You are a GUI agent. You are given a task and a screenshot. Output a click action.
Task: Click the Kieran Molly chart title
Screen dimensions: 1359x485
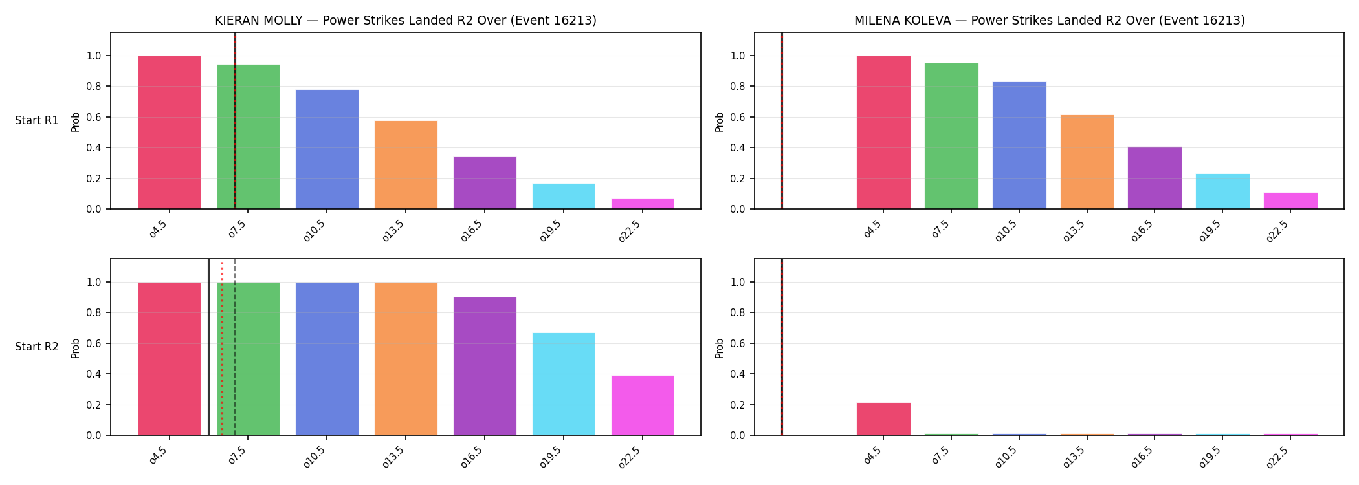406,20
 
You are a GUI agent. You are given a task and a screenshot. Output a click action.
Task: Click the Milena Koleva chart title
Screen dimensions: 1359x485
1050,20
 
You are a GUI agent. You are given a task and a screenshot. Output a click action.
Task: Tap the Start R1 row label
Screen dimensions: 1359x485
37,120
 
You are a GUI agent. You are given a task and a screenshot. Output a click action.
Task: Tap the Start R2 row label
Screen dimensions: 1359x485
37,347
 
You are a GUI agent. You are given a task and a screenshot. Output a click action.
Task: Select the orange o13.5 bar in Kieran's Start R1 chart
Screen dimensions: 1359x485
406,165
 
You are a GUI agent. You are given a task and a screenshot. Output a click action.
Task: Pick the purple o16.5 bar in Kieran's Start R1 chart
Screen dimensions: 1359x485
485,183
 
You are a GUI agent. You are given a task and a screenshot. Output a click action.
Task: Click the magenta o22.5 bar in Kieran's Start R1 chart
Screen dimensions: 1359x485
643,204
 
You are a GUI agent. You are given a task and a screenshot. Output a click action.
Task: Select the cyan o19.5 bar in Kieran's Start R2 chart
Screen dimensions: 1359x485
564,384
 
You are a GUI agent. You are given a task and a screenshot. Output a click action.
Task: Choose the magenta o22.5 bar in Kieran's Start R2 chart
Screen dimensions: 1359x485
643,405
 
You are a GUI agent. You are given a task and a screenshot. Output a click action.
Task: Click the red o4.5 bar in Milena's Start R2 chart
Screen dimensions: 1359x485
883,419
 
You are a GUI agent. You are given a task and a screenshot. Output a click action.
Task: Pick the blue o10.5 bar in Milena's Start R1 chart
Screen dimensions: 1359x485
1019,145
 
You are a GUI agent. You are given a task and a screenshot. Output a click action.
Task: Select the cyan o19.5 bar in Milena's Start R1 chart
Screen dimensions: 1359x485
1222,191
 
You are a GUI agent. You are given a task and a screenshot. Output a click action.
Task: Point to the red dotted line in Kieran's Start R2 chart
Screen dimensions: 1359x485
222,347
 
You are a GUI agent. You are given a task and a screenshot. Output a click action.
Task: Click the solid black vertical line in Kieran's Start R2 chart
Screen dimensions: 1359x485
208,347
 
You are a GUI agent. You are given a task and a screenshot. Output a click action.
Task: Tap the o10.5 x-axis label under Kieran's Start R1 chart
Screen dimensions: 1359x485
315,230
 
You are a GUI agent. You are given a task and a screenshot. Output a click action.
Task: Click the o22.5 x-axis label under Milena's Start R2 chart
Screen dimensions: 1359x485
1278,457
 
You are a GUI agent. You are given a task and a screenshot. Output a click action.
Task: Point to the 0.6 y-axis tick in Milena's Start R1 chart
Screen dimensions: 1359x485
738,117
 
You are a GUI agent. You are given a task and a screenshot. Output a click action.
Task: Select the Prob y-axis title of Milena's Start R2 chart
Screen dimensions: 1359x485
720,348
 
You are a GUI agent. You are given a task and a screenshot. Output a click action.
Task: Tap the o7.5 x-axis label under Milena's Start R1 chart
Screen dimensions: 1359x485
941,229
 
